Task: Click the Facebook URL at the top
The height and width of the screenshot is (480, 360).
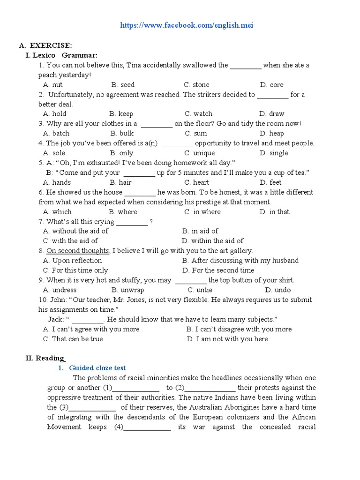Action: coord(187,25)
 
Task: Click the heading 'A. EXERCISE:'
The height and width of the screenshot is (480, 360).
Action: coord(45,45)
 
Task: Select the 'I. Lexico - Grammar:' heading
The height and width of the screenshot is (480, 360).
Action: coord(61,55)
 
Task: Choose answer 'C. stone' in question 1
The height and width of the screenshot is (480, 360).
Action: coord(196,85)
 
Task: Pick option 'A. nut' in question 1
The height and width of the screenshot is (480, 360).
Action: coord(52,85)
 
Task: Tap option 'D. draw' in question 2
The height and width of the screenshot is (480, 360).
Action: coord(271,114)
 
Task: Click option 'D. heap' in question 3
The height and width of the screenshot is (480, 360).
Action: coord(272,134)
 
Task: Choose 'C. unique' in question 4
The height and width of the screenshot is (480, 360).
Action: coord(200,153)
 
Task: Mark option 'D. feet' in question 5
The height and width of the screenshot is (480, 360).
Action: coord(270,182)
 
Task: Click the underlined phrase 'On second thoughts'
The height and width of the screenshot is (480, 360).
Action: coord(78,251)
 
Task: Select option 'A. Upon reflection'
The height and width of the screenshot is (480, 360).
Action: coord(72,261)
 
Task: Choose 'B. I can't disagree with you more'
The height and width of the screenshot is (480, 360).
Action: coord(239,329)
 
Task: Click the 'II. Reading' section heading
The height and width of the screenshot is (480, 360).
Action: coord(45,358)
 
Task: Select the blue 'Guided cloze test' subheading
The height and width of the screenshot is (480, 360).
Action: coord(97,368)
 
